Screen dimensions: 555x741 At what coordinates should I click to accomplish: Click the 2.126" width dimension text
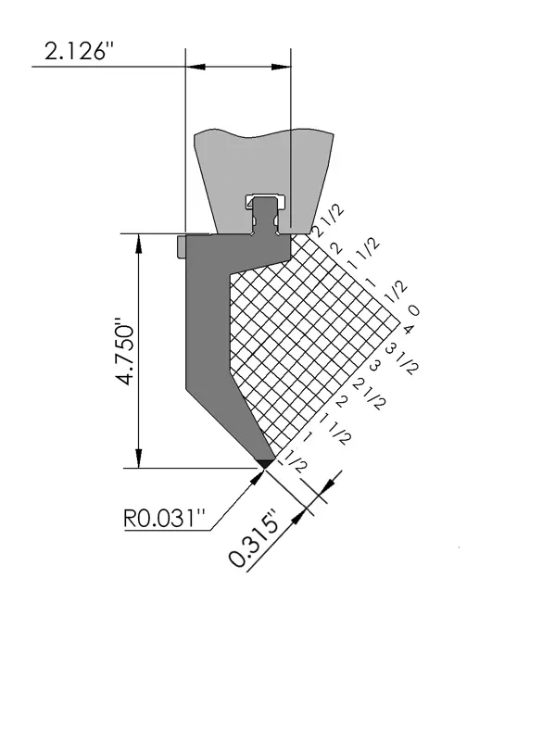pos(79,51)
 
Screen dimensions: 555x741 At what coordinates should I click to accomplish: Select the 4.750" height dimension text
pos(127,351)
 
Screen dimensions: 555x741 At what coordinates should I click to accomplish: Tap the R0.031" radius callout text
pos(165,519)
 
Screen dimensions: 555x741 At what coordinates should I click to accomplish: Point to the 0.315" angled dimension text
pos(253,539)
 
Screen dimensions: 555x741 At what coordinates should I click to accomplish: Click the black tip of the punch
pos(265,462)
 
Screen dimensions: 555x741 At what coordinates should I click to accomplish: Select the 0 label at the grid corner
pos(413,310)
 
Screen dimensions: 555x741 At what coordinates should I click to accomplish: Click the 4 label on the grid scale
pos(408,330)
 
